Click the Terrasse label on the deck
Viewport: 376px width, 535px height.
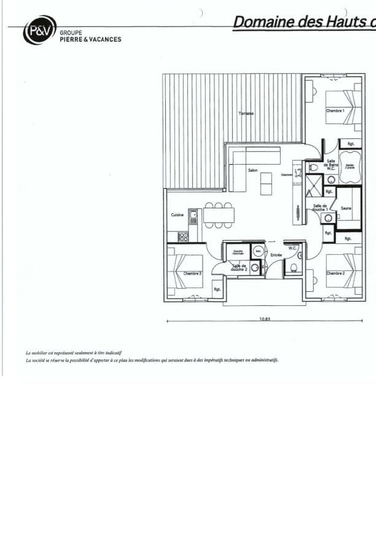point(246,114)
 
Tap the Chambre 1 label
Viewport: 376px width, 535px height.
point(335,111)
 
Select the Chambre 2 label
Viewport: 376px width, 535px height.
point(335,273)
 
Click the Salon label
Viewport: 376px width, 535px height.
point(253,170)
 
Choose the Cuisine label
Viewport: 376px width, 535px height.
point(177,215)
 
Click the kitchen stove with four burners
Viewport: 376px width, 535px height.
point(182,236)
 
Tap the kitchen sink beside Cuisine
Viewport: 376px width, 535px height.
point(193,215)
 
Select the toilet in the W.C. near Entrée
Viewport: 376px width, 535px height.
point(294,267)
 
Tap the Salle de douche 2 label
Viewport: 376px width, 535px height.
point(239,267)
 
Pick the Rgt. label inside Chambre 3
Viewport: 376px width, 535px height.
point(217,289)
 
